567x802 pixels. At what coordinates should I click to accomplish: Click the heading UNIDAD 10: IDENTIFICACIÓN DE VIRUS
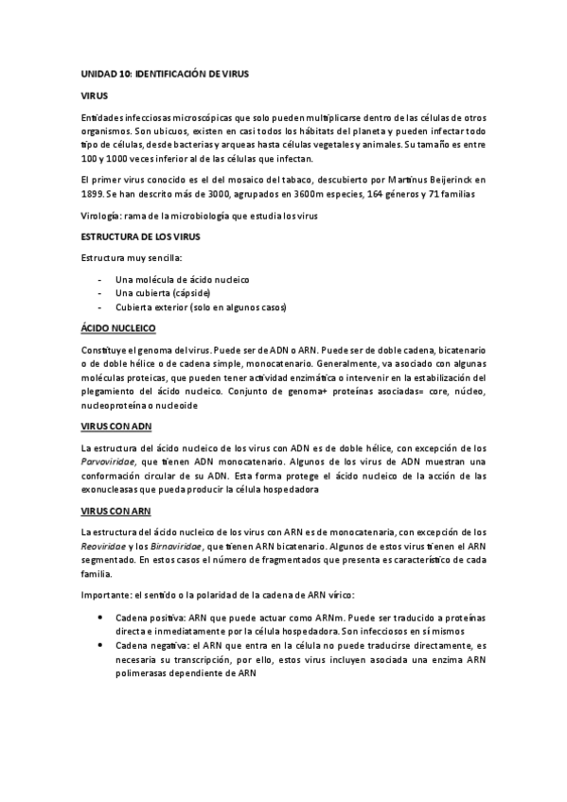click(164, 73)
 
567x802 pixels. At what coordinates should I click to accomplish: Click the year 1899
click(94, 194)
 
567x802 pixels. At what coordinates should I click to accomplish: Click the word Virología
click(105, 216)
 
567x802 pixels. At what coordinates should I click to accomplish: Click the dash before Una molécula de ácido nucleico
click(101, 281)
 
